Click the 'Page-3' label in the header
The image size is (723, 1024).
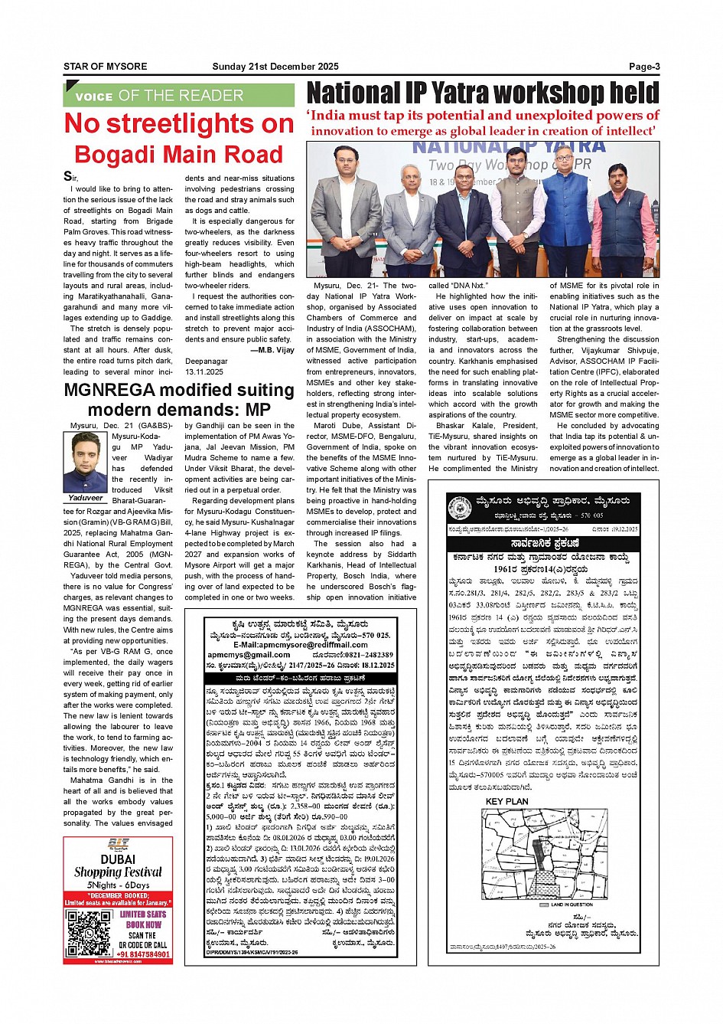tap(643, 67)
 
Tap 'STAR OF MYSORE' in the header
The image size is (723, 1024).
tap(105, 67)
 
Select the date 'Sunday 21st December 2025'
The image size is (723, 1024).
tap(275, 67)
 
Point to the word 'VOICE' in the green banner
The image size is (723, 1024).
tap(93, 97)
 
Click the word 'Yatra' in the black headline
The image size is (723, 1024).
tap(470, 93)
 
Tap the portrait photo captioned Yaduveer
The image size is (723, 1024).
tap(84, 462)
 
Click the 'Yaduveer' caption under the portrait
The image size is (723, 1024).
tap(84, 497)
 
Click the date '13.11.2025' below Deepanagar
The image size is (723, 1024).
tap(204, 371)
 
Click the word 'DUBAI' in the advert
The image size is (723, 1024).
tap(118, 859)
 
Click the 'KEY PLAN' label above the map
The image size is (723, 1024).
tap(506, 801)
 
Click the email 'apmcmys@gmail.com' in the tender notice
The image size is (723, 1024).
tap(249, 655)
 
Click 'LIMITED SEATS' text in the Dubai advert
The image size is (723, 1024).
tap(143, 914)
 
